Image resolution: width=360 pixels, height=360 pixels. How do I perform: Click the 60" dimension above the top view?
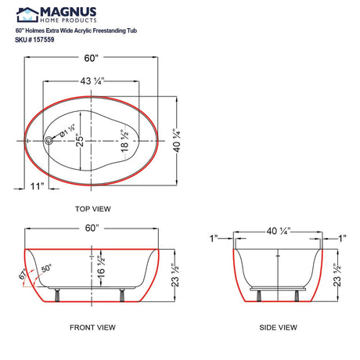pyautogui.click(x=92, y=57)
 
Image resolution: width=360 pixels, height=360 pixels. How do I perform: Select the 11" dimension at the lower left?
pyautogui.click(x=35, y=186)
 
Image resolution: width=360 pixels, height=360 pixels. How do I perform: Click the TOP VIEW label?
pyautogui.click(x=92, y=209)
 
